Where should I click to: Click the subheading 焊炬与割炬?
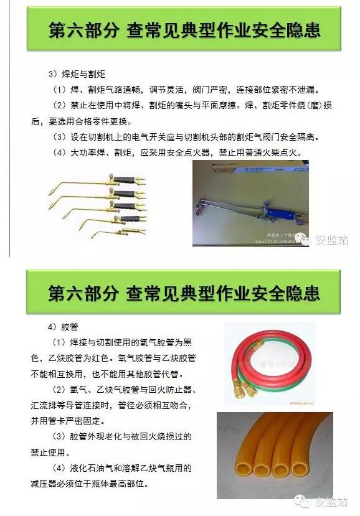[x=83, y=74]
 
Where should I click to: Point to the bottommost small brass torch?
[x=118, y=232]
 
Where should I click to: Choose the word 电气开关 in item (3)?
[x=149, y=137]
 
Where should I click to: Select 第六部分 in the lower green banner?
[x=83, y=293]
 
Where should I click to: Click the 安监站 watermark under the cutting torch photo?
[x=331, y=240]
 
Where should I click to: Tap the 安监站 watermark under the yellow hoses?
[x=331, y=502]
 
